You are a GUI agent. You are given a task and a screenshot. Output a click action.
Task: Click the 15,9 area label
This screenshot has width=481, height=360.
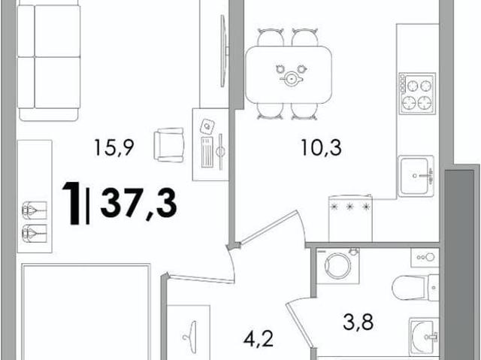coord(113,147)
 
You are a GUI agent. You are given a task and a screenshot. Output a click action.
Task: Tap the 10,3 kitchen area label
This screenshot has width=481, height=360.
coord(321,148)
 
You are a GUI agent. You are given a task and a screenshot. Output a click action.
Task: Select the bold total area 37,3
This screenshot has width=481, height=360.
coord(138,203)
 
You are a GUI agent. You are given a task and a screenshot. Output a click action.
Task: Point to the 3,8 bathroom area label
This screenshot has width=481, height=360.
coord(358,322)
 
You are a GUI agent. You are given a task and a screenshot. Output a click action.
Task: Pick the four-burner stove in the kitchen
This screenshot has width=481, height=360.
coord(417,93)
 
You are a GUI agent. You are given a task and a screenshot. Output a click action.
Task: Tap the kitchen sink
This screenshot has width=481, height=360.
coord(416,177)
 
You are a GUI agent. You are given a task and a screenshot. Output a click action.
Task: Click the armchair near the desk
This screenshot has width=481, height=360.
coord(168,145)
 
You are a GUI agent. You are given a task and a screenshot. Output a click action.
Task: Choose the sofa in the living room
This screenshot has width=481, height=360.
coord(49,62)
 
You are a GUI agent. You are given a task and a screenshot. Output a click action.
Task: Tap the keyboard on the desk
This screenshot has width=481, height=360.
coord(207,152)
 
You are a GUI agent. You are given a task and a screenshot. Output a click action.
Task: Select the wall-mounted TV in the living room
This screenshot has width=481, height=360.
coord(225,51)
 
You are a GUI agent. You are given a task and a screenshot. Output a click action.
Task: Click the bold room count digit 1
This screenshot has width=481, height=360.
coord(71,203)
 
